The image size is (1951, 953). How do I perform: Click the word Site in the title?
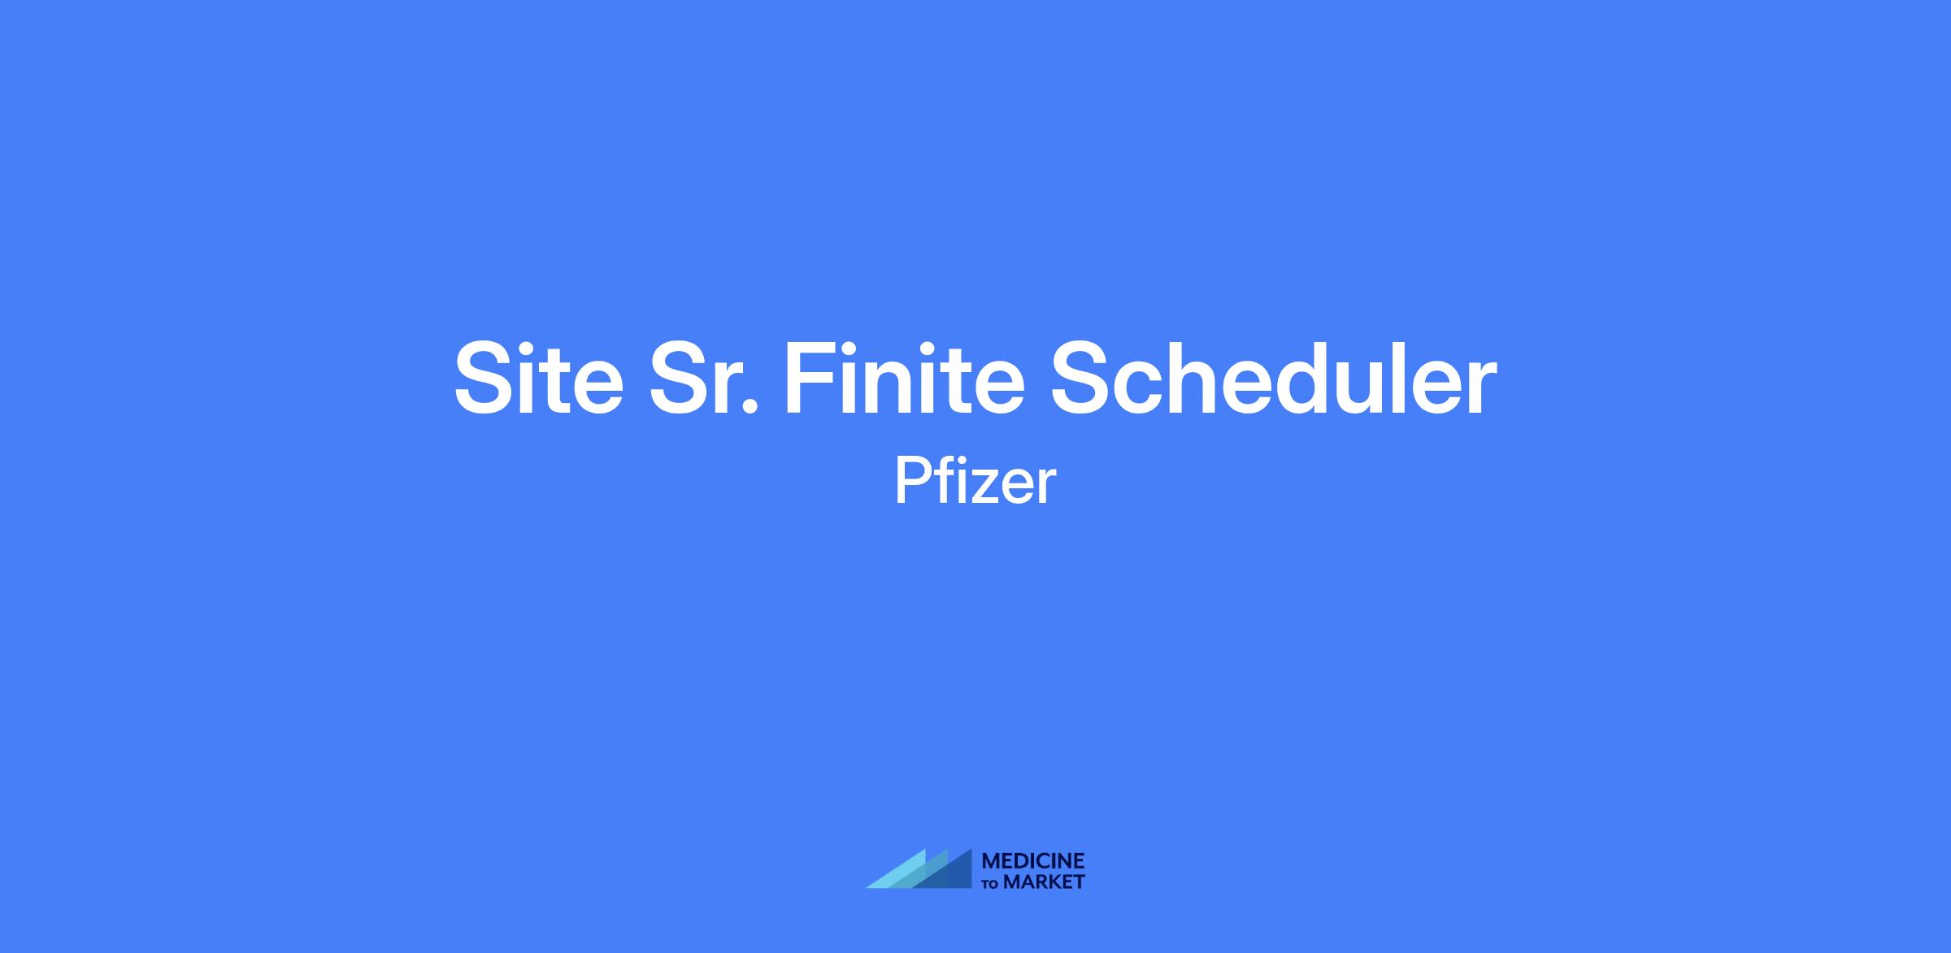point(538,378)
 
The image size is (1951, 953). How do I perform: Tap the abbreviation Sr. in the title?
point(704,378)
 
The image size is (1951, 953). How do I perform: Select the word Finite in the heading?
point(903,378)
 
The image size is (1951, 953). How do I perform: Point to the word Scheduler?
point(1274,378)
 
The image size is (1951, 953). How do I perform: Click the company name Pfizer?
point(975,480)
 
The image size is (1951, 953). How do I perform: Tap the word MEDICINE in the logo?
point(1033,861)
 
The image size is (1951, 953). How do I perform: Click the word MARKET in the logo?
point(1044,882)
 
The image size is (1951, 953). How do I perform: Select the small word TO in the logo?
point(992,884)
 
